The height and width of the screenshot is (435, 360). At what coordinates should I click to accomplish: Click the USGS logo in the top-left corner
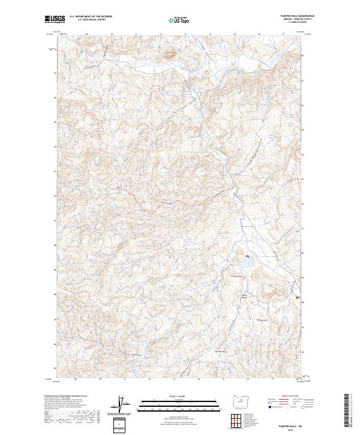pyautogui.click(x=54, y=19)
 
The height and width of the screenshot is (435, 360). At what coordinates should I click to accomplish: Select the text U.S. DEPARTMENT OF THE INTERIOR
pyautogui.click(x=91, y=17)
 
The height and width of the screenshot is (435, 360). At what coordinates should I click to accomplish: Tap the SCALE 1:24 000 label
pyautogui.click(x=179, y=396)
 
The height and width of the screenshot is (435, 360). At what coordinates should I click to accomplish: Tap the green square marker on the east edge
pyautogui.click(x=297, y=297)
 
